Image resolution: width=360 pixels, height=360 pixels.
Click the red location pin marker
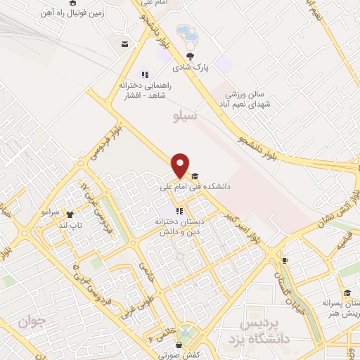click(x=181, y=165)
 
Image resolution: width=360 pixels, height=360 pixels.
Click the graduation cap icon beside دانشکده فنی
click(x=194, y=176)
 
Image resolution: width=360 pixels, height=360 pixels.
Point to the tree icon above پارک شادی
click(x=190, y=56)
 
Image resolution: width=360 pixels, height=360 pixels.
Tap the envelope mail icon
click(x=124, y=45)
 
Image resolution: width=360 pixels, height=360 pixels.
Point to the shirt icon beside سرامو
click(x=69, y=214)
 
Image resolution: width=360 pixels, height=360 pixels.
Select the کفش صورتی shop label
click(x=180, y=355)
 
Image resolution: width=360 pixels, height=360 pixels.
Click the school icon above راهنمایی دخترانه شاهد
click(x=145, y=74)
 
